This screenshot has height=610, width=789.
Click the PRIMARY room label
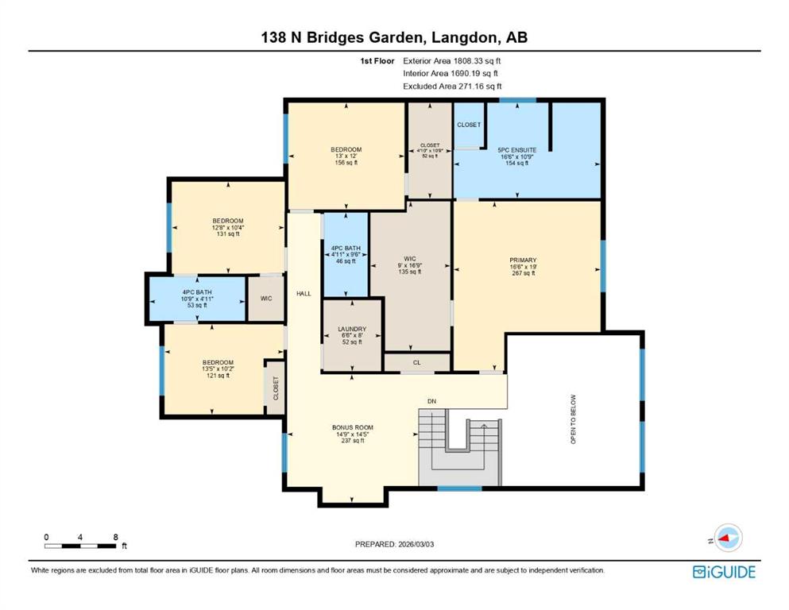(x=523, y=260)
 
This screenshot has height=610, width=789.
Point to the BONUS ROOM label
(x=352, y=427)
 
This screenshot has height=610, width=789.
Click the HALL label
(x=303, y=293)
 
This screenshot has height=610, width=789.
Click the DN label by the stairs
(x=431, y=401)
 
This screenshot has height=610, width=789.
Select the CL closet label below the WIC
(x=416, y=362)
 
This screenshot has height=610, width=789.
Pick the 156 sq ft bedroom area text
(x=346, y=163)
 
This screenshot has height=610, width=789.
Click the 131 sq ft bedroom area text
(x=227, y=234)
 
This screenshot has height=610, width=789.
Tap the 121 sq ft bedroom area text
(x=217, y=376)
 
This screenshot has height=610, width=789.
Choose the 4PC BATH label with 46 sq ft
(x=346, y=249)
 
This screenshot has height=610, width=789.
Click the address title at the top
(x=394, y=37)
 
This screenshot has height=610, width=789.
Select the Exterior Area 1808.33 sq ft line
(x=452, y=60)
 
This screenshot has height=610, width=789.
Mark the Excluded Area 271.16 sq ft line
(x=452, y=86)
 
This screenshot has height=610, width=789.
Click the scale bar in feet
(x=81, y=545)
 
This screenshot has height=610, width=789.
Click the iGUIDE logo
(x=724, y=571)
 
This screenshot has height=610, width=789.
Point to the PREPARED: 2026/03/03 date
(x=395, y=544)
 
